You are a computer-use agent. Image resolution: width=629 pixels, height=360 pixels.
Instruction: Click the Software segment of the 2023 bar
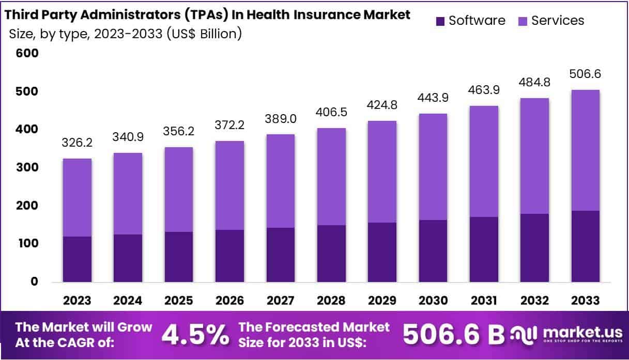77,259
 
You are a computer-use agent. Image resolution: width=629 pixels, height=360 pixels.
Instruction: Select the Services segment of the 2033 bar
585,150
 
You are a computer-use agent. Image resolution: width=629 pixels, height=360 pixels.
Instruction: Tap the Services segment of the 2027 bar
280,181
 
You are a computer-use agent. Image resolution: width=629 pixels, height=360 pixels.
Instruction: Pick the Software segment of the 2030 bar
433,251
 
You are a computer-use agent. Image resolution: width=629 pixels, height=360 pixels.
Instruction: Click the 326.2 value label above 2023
77,142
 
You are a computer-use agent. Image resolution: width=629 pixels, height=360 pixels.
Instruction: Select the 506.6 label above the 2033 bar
585,74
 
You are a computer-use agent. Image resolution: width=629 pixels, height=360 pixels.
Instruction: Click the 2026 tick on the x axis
229,301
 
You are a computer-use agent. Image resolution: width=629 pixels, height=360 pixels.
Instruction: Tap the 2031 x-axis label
484,301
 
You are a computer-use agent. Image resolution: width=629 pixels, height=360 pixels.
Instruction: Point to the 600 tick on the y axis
27,53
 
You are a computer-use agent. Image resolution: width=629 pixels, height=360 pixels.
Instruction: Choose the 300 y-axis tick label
27,168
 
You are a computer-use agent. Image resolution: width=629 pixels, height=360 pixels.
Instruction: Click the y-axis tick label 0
34,282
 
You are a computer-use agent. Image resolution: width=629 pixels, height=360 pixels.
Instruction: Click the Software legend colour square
440,21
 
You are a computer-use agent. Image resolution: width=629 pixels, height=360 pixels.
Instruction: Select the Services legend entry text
558,21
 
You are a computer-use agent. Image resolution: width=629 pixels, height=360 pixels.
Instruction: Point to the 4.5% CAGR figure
195,335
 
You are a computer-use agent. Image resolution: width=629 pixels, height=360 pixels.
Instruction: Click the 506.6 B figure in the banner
453,335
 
